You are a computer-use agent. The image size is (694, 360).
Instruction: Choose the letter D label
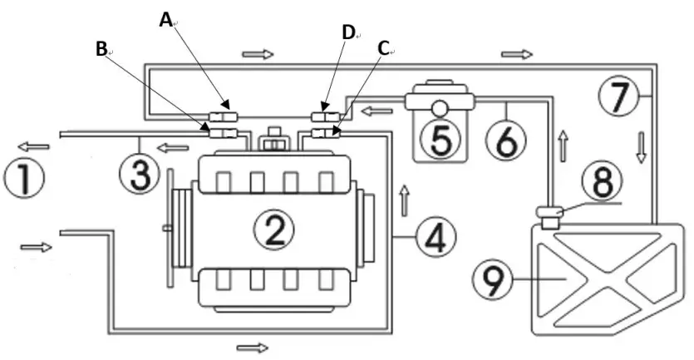tap(348, 32)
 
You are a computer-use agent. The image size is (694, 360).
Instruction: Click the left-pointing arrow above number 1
tap(37, 146)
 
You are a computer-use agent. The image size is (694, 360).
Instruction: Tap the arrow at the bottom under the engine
tap(253, 345)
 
